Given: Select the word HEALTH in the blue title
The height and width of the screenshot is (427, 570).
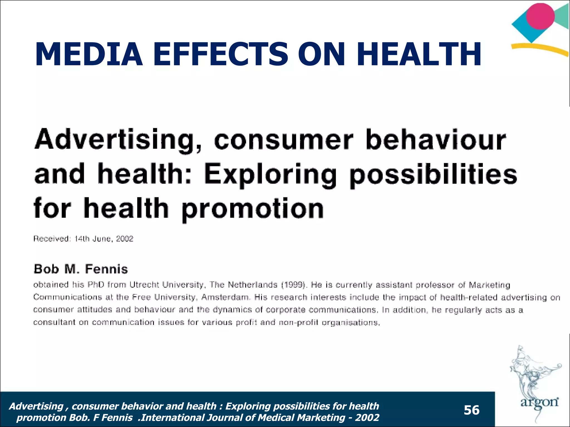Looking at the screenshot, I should pos(419,54).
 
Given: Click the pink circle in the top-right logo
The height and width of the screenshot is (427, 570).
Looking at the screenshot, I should pos(540,16).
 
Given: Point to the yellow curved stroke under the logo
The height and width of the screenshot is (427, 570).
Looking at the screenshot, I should pos(540,49).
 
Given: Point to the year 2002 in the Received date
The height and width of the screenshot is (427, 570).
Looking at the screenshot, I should pos(125,239).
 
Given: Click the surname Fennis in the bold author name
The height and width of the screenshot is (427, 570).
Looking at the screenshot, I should pos(106,269).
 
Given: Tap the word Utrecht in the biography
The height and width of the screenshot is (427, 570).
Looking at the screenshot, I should pos(144,285).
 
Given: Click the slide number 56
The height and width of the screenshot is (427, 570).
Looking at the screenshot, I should pos(471,410).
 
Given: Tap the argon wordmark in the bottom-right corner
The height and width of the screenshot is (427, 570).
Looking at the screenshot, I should pos(539,402).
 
